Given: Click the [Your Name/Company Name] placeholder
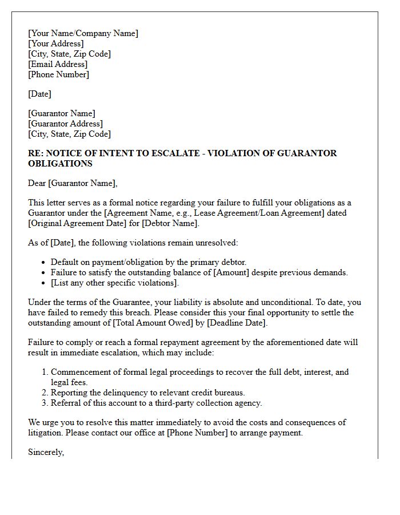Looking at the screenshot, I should point(83,33).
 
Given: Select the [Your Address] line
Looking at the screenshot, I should point(56,43).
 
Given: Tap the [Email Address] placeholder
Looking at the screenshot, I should point(58,64).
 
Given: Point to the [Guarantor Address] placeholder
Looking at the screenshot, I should point(65,124).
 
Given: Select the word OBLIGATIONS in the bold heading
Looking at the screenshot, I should point(60,164).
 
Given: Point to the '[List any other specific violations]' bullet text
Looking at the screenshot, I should point(114,283).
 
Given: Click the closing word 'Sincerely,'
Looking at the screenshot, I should point(46,452).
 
